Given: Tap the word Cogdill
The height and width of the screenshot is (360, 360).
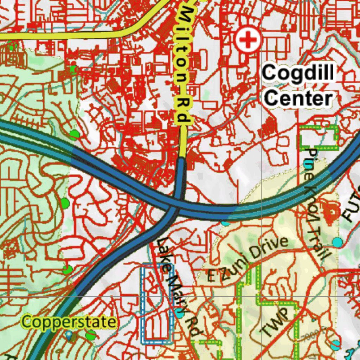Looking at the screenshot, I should coord(298,73).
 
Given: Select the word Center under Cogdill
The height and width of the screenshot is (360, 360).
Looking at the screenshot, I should coord(298,98).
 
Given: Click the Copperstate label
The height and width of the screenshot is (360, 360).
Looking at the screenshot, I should coord(69,322).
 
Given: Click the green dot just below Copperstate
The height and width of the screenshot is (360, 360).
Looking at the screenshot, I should coord(91,334).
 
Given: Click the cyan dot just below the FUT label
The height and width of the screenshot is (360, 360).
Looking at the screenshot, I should coord(337,242).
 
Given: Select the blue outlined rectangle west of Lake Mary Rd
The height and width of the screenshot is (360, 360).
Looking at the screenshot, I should coord(157,304).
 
